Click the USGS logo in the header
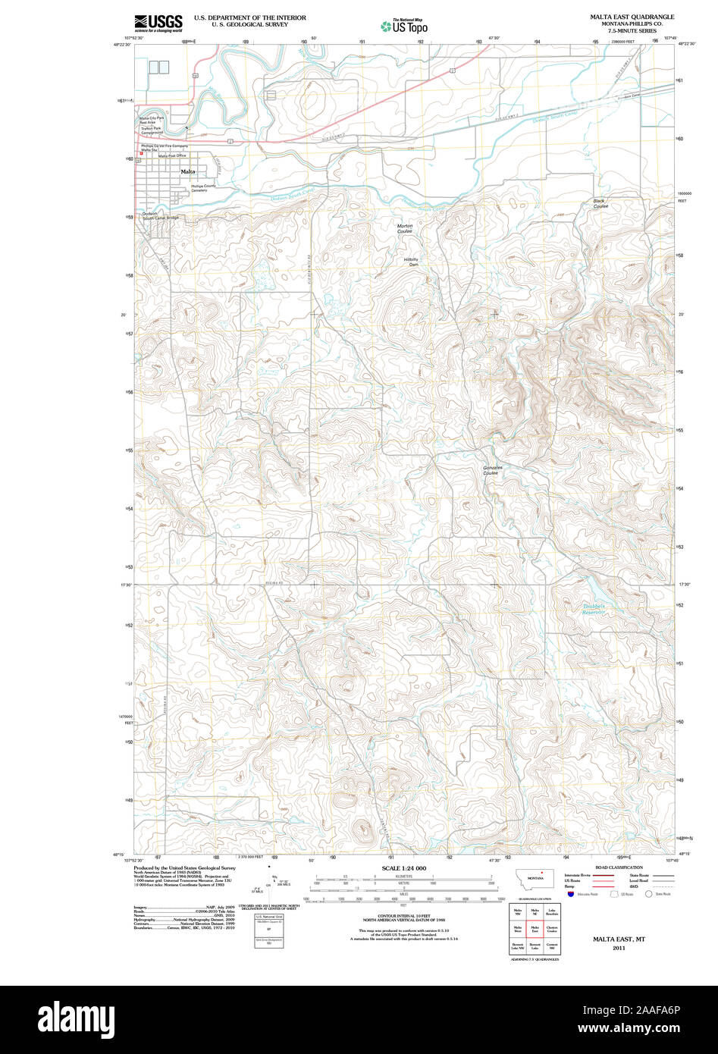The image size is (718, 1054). click(158, 23)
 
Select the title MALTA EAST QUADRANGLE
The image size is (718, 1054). click(632, 17)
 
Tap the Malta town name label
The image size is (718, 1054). click(187, 172)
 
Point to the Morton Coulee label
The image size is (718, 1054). click(405, 227)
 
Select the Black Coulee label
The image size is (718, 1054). click(600, 203)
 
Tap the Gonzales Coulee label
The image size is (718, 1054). click(492, 470)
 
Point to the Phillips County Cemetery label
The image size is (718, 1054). click(203, 188)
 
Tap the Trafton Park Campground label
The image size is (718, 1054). click(157, 130)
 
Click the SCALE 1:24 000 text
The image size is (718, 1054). click(403, 868)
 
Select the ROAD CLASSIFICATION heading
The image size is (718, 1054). click(619, 867)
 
